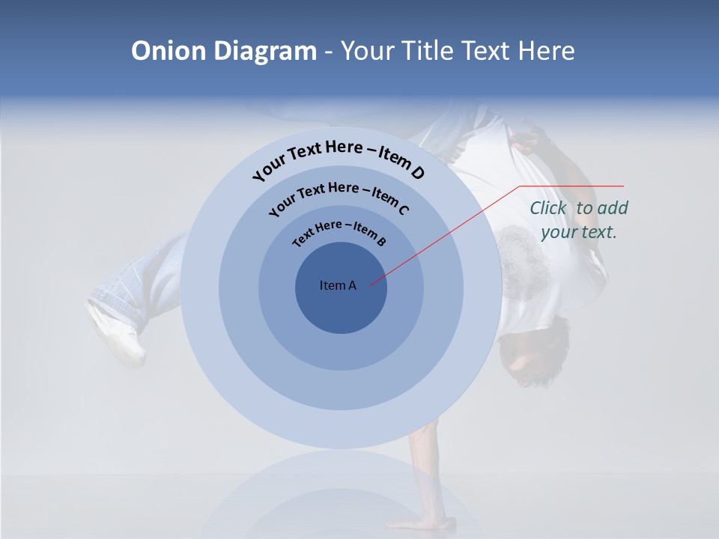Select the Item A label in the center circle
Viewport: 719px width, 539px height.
(x=338, y=285)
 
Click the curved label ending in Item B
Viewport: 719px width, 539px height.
(x=339, y=232)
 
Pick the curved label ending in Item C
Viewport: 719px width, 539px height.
(x=339, y=195)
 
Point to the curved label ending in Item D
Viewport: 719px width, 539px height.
(x=339, y=156)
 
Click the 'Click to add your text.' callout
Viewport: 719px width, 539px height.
(x=578, y=220)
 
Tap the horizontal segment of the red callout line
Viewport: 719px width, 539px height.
(x=572, y=186)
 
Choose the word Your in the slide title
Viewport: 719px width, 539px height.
(x=370, y=51)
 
